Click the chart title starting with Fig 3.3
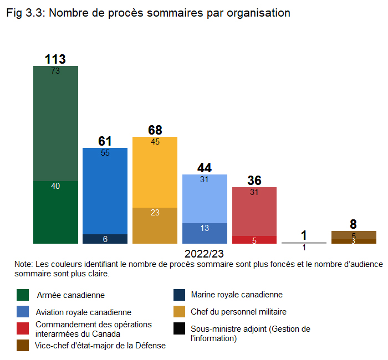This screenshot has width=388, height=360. click(148, 13)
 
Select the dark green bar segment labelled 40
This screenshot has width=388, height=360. click(55, 212)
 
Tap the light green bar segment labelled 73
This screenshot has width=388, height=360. click(55, 124)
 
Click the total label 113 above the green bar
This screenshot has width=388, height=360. click(55, 59)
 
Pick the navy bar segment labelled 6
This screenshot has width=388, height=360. click(105, 239)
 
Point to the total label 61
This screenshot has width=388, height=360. click(105, 141)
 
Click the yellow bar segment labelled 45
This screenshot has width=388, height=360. click(155, 172)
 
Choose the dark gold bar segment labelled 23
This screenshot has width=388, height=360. click(155, 225)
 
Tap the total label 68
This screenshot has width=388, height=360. click(155, 130)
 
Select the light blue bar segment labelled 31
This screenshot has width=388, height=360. click(205, 199)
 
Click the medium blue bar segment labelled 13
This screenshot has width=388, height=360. click(205, 233)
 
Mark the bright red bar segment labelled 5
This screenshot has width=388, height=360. click(254, 240)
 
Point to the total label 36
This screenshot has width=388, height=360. click(254, 181)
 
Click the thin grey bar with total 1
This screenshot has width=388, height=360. click(304, 243)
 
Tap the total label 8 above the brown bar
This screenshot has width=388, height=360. click(354, 224)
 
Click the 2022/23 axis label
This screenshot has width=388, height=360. click(205, 254)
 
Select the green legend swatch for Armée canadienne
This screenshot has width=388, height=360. click(23, 295)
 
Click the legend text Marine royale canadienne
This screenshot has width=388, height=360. click(237, 295)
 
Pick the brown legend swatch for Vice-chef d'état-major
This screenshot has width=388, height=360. click(23, 345)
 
